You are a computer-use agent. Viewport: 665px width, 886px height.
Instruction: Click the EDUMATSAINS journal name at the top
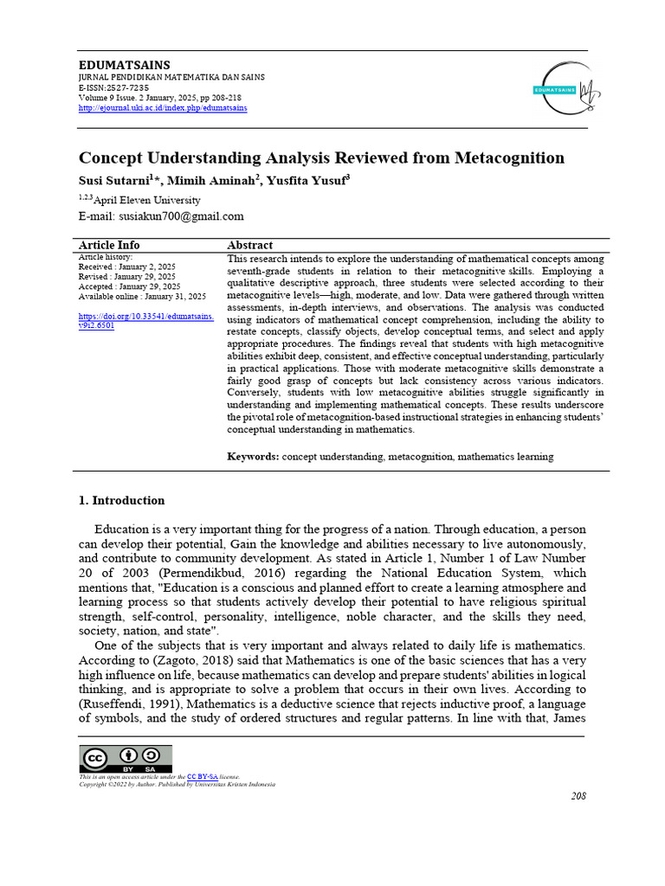point(125,65)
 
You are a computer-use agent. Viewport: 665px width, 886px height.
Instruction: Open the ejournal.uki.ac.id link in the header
point(163,108)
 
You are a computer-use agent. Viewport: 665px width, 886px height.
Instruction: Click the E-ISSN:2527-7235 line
point(113,87)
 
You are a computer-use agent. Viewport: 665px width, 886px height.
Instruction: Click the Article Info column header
point(109,245)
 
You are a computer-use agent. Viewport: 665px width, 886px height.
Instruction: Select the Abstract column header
point(249,245)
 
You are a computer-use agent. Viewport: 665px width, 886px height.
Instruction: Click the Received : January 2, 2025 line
point(126,266)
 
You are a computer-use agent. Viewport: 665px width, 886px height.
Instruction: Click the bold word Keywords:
point(253,456)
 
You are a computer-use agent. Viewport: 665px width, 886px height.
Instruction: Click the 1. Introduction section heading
point(121,500)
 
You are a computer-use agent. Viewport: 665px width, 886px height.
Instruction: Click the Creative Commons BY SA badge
point(126,759)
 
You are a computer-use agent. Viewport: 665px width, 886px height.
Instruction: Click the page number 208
point(578,796)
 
